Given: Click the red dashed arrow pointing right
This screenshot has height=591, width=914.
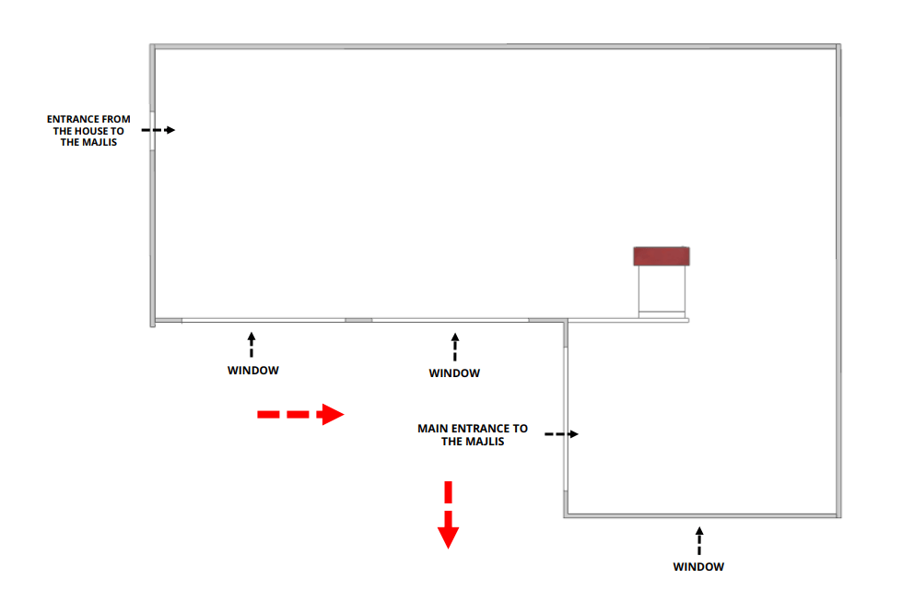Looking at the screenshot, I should click(300, 415).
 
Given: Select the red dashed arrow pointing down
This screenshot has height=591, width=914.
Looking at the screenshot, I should click(448, 514).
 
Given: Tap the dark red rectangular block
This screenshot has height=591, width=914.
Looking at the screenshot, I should click(662, 256).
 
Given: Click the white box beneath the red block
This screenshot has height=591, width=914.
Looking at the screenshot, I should click(662, 290).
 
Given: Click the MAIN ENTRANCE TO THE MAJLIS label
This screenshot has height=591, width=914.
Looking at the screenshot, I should click(473, 434).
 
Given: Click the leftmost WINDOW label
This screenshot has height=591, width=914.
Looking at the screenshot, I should click(252, 371).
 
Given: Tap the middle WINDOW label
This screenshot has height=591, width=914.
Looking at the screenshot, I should click(454, 373).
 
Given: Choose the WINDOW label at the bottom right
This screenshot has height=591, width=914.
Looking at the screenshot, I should click(698, 566).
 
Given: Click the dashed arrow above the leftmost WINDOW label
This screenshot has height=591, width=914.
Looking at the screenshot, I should click(252, 345).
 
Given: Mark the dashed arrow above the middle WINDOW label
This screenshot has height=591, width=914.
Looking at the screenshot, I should click(454, 347).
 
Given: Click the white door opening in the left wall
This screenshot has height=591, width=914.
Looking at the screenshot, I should click(151, 130).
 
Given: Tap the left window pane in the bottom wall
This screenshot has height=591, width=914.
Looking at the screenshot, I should click(264, 320).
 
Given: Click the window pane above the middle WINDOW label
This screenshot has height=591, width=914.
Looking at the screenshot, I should click(450, 320).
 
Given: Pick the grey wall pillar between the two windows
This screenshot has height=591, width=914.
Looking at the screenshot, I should click(358, 320).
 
